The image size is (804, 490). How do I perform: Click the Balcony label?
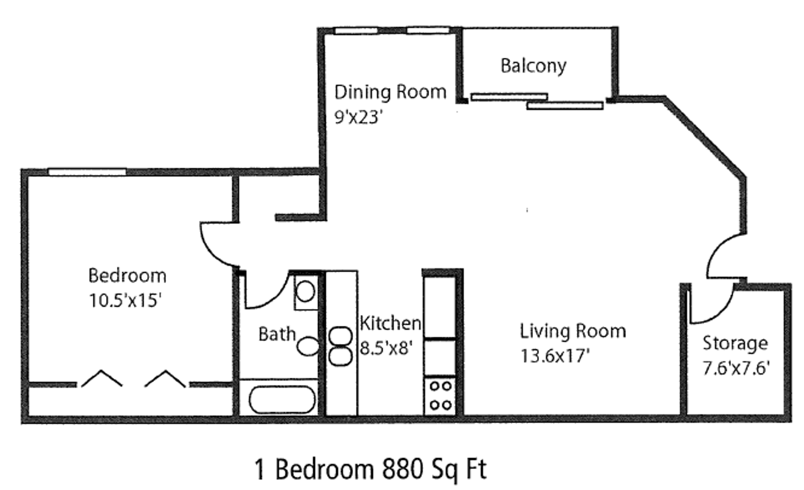tap(533, 66)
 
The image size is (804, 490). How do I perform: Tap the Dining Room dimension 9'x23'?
tap(358, 117)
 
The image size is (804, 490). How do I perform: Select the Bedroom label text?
tap(127, 276)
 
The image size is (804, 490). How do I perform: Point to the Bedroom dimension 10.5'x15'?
tap(125, 300)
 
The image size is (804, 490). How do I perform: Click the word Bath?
tap(277, 334)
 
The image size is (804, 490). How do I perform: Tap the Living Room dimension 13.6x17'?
tap(555, 356)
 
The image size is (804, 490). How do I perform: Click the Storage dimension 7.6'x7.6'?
tap(736, 368)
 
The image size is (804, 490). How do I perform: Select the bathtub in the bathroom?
tap(282, 399)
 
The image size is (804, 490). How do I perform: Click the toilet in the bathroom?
tap(308, 346)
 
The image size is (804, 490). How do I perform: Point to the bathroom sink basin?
tap(305, 291)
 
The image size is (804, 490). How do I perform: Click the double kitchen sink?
tap(340, 346)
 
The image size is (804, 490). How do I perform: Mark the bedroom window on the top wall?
tap(87, 172)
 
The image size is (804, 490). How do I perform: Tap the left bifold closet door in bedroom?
tap(101, 378)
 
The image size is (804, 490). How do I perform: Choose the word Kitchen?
tap(390, 323)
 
